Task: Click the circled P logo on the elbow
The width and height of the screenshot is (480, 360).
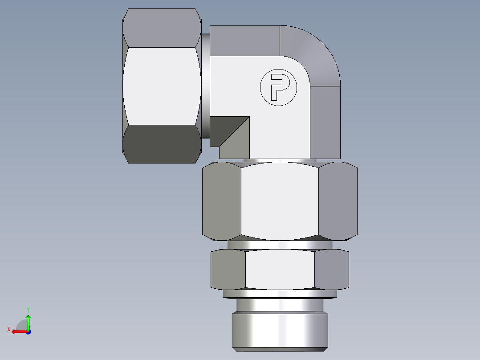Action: [278, 87]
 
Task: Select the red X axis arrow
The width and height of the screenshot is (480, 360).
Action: [18, 331]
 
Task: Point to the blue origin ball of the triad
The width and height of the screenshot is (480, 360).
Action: [28, 331]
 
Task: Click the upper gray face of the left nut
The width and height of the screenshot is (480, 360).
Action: [161, 28]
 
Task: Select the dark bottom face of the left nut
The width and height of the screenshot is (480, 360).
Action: [161, 144]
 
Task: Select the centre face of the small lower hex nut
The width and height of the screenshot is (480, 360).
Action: [280, 269]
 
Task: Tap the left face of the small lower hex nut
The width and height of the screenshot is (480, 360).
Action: [228, 269]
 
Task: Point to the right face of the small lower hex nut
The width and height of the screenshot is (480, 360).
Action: [331, 269]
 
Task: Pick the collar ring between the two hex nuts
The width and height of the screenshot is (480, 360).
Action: [280, 245]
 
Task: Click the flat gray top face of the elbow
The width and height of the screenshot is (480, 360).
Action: [245, 40]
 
